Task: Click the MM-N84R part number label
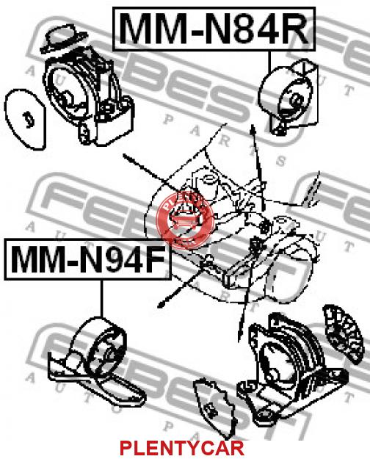click(x=214, y=29)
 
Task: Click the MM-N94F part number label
click(x=87, y=259)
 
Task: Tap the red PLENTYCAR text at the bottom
click(x=181, y=448)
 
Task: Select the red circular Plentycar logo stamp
click(x=185, y=220)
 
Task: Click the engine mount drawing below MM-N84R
click(x=289, y=97)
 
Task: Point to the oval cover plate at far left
click(x=25, y=119)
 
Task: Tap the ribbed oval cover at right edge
click(x=344, y=334)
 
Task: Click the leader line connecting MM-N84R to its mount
click(x=269, y=62)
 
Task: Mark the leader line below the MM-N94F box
click(x=102, y=299)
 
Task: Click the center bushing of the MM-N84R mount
click(x=297, y=100)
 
